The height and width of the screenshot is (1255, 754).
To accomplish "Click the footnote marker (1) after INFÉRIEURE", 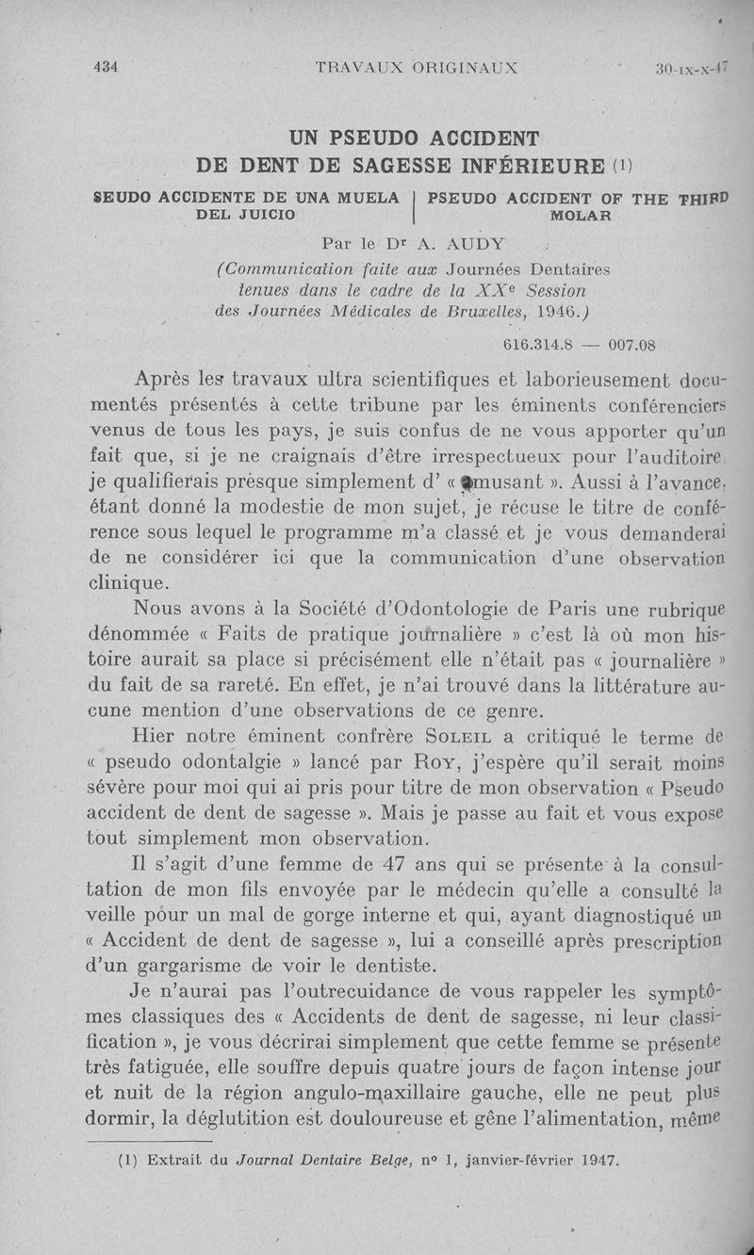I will tap(622, 167).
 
